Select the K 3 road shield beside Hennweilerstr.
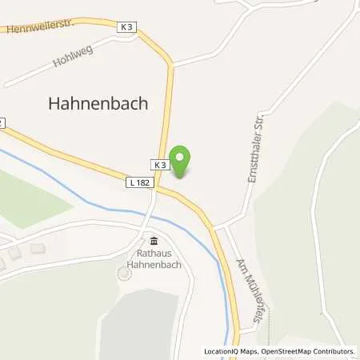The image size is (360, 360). tap(126, 26)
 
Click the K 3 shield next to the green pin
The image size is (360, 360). tap(160, 166)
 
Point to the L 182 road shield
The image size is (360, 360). tap(138, 184)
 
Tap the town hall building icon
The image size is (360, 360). tap(154, 242)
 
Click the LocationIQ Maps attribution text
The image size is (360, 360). tap(231, 351)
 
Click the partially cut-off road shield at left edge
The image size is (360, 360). tap(2, 122)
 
